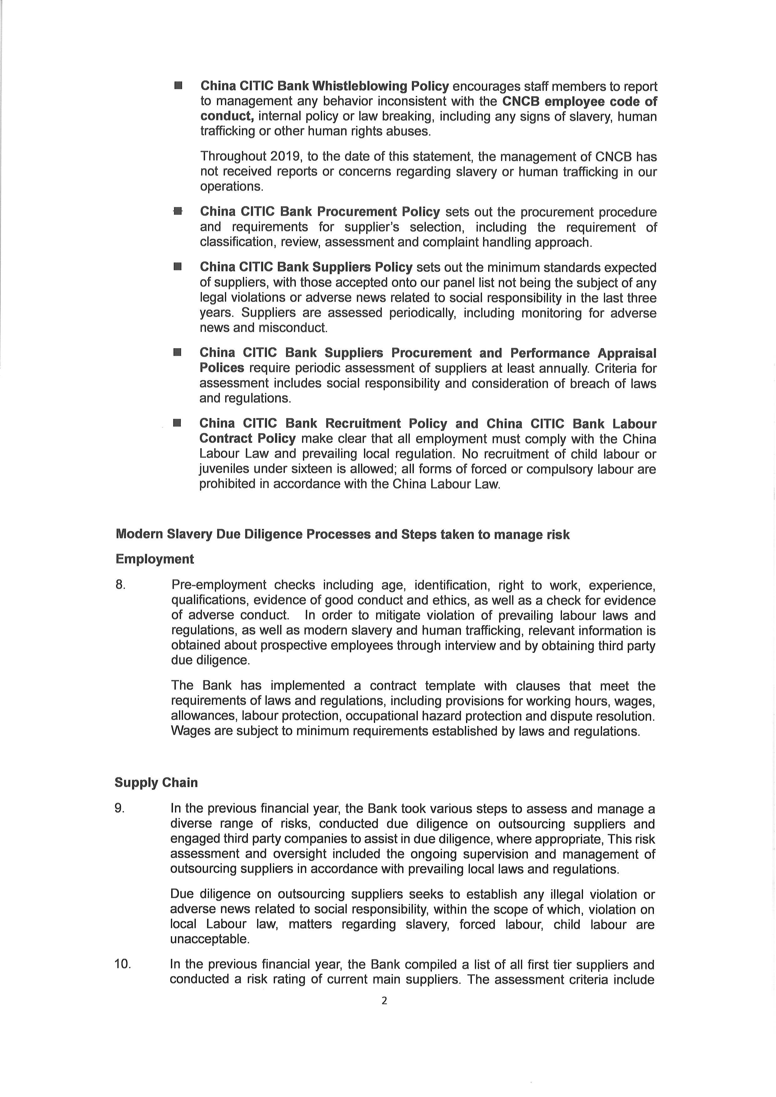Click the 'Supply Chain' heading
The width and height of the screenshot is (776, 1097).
[156, 783]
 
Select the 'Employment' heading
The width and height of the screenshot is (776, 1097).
[155, 559]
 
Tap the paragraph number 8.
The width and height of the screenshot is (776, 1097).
[120, 585]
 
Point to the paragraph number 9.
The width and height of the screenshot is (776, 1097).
[120, 808]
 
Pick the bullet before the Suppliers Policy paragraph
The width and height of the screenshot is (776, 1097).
[178, 267]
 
